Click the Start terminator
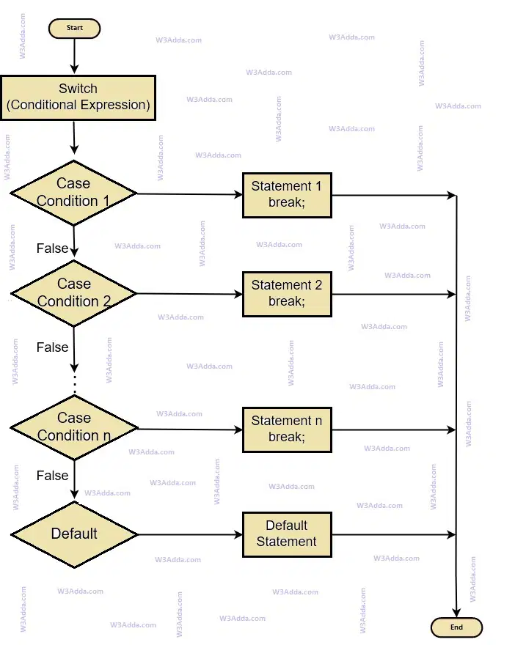click(x=75, y=29)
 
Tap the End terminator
click(x=456, y=627)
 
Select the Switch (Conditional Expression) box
click(x=78, y=98)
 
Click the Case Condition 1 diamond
click(x=73, y=193)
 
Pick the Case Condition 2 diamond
click(x=73, y=293)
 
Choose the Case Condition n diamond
click(x=74, y=428)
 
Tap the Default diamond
click(x=74, y=534)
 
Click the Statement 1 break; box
click(x=287, y=195)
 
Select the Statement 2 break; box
click(x=287, y=294)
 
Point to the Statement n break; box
click(x=287, y=430)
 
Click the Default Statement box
click(x=287, y=534)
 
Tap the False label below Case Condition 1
click(x=52, y=248)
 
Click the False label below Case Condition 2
click(x=52, y=347)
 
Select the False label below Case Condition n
click(x=52, y=476)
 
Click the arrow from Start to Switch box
click(x=75, y=56)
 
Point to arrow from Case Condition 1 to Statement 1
click(x=190, y=194)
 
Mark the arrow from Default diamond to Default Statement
click(x=190, y=535)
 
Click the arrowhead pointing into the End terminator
click(x=456, y=613)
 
